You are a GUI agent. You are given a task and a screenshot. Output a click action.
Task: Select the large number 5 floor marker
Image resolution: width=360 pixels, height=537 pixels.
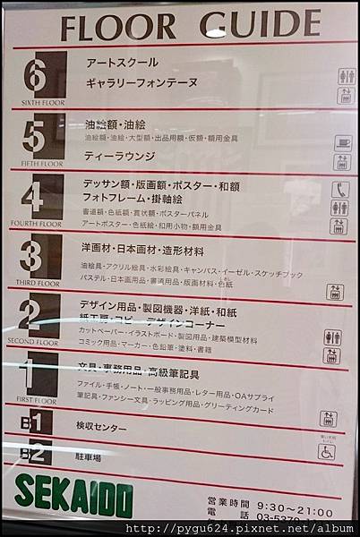coord(35,135)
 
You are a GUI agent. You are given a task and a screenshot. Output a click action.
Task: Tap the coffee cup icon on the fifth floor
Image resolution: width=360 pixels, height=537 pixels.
coord(342,143)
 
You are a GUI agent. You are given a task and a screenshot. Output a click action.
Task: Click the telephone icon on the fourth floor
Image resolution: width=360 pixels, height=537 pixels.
coord(340,190)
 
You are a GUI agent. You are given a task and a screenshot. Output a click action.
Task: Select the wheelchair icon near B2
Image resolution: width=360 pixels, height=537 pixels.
coord(327,451)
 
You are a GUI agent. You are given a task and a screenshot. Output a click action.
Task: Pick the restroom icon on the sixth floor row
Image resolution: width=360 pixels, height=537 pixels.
coord(346,76)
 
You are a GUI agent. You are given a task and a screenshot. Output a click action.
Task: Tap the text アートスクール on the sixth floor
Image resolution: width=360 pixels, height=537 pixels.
coord(122,63)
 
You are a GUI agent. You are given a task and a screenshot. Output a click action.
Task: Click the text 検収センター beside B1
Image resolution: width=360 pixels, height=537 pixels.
coord(100,427)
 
